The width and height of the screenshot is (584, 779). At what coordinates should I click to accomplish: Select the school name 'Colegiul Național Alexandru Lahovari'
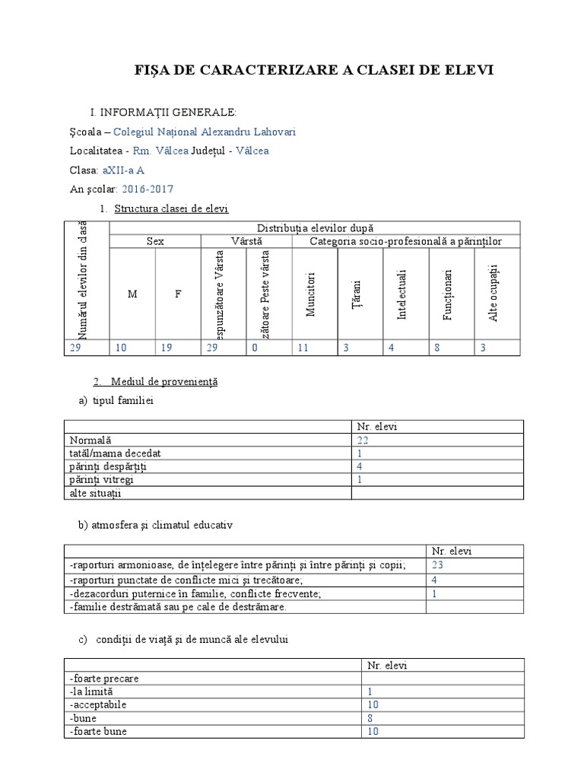tap(205, 132)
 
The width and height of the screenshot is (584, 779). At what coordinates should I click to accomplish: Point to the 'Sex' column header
tap(155, 241)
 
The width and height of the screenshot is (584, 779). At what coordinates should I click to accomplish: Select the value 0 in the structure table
tap(255, 348)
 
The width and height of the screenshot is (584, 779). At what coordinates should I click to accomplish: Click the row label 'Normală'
tap(90, 440)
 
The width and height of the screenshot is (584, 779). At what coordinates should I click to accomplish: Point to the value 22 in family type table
tap(363, 440)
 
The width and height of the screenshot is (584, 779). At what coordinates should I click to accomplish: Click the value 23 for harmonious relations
tap(437, 564)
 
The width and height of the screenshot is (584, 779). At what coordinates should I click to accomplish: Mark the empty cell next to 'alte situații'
tap(436, 493)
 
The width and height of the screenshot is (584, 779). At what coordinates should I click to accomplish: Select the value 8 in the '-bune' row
tap(370, 718)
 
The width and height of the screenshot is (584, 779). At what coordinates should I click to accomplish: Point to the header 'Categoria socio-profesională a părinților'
tap(405, 241)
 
